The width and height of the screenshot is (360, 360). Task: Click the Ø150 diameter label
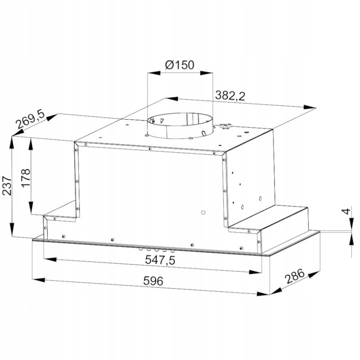(179, 65)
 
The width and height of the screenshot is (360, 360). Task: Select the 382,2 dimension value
(230, 95)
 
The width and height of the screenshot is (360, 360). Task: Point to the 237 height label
(7, 185)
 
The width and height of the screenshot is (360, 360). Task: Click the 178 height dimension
(25, 178)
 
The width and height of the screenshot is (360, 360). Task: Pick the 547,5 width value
(160, 260)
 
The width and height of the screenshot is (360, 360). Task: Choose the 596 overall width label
(153, 281)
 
